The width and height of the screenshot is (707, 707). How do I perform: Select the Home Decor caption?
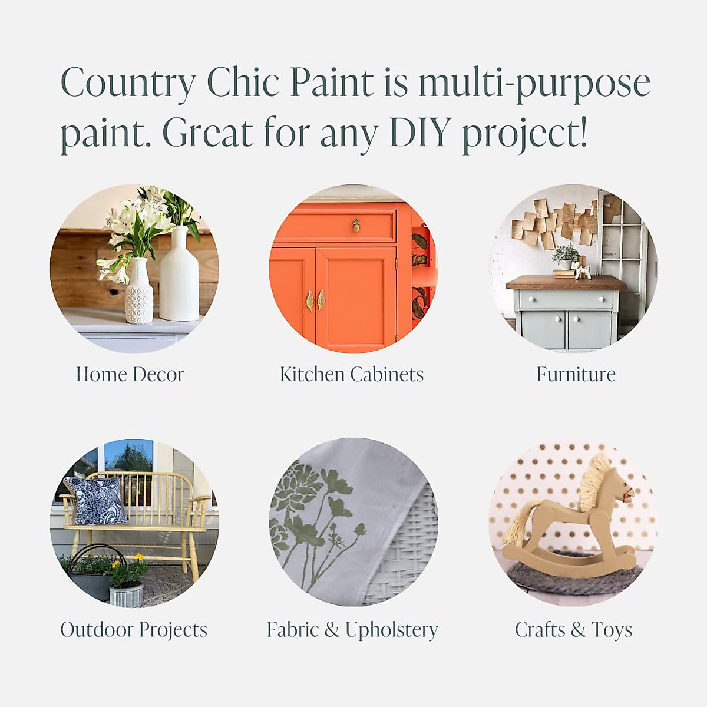point(130,374)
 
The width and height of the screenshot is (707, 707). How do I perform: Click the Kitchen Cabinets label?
point(352,374)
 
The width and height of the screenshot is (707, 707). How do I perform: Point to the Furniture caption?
point(576,374)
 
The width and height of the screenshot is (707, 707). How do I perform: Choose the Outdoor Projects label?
point(134,629)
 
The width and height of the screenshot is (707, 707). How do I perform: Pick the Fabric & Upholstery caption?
point(352,629)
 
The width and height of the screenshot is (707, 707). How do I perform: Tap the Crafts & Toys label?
point(573,629)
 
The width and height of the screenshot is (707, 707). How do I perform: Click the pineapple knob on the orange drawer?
point(356,225)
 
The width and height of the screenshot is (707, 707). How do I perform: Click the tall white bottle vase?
point(179,277)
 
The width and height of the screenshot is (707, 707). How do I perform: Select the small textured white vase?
point(139,292)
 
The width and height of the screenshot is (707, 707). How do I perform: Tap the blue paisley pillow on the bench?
point(96,501)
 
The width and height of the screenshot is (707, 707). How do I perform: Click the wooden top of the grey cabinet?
point(566,283)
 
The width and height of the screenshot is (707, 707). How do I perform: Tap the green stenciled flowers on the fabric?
point(315,518)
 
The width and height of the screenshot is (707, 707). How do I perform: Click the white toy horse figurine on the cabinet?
point(584,271)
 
